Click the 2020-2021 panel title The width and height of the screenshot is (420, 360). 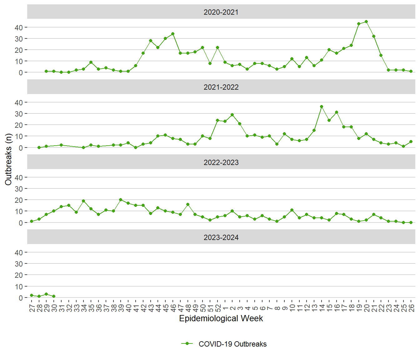click(x=221, y=12)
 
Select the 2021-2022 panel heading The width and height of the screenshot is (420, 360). click(x=221, y=87)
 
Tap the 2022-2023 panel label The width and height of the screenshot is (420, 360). click(x=221, y=162)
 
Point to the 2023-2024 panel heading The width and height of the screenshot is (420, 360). click(x=221, y=237)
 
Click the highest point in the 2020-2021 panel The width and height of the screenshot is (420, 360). click(x=366, y=22)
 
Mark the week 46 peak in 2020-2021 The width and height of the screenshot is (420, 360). click(x=173, y=34)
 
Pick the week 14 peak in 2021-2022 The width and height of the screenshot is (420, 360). click(x=322, y=107)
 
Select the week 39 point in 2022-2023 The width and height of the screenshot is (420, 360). click(x=121, y=200)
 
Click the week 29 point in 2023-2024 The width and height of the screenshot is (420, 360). click(x=46, y=294)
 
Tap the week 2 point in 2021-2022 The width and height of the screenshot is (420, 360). click(x=232, y=115)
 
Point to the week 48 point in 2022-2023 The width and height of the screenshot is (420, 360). click(x=188, y=204)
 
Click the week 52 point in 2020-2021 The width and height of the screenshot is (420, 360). click(x=217, y=47)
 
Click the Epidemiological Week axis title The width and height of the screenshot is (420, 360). click(x=221, y=318)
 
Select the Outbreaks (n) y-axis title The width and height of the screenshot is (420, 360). click(x=8, y=159)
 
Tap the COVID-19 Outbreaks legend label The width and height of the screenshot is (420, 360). click(x=232, y=344)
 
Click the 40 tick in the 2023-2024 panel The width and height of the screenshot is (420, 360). click(x=19, y=252)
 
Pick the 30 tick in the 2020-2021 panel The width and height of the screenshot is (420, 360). click(x=19, y=39)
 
